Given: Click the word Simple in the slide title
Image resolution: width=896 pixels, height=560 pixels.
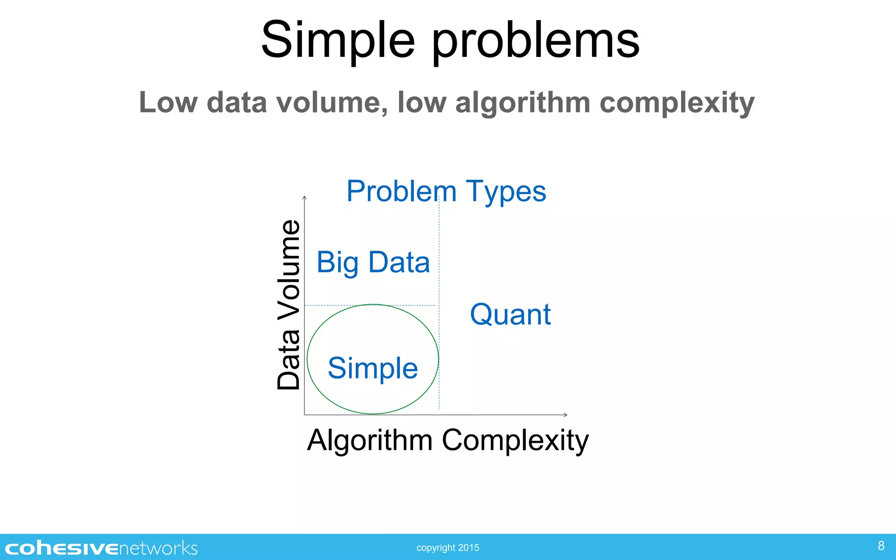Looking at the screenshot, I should pyautogui.click(x=338, y=40).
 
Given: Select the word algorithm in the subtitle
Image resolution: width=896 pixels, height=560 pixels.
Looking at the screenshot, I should pyautogui.click(x=523, y=103).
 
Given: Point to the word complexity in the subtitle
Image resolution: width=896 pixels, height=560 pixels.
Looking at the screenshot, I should pyautogui.click(x=677, y=103).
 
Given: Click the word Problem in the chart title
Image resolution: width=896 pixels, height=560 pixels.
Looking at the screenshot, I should pyautogui.click(x=401, y=192).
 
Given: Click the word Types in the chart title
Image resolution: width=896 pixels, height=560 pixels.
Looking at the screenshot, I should pyautogui.click(x=506, y=192).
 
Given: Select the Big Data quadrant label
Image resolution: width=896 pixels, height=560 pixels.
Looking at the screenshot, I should pyautogui.click(x=373, y=262).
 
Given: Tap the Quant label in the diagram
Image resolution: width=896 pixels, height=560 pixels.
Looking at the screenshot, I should pyautogui.click(x=510, y=315).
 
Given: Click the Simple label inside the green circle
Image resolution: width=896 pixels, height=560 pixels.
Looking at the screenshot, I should pyautogui.click(x=373, y=368).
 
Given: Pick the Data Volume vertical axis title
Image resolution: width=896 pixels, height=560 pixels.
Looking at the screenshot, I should pyautogui.click(x=289, y=304).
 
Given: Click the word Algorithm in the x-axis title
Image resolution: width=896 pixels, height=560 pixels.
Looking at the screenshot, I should pyautogui.click(x=370, y=440).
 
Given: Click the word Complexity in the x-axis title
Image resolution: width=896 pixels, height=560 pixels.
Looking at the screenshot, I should pyautogui.click(x=515, y=440).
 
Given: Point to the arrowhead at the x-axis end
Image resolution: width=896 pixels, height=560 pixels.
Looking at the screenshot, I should pyautogui.click(x=565, y=415).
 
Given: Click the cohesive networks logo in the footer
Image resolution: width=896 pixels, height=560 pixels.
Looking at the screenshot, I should pyautogui.click(x=101, y=548).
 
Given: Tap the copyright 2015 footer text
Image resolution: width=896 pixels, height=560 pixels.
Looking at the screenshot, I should pyautogui.click(x=448, y=548).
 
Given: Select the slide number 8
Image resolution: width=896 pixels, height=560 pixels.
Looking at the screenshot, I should pyautogui.click(x=881, y=546).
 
